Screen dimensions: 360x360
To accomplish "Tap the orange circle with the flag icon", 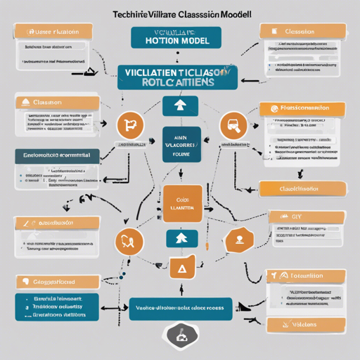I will click(x=129, y=125).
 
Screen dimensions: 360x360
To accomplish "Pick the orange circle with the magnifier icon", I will click(x=233, y=125).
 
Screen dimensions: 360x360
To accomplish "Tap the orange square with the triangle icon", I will click(x=181, y=269).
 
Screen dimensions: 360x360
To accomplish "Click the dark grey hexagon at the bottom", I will click(x=181, y=335).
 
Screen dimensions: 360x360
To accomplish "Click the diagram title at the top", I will click(x=180, y=14).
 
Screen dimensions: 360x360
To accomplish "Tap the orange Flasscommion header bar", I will click(x=302, y=108).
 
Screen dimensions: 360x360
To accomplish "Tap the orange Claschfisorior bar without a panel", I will click(x=303, y=188).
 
